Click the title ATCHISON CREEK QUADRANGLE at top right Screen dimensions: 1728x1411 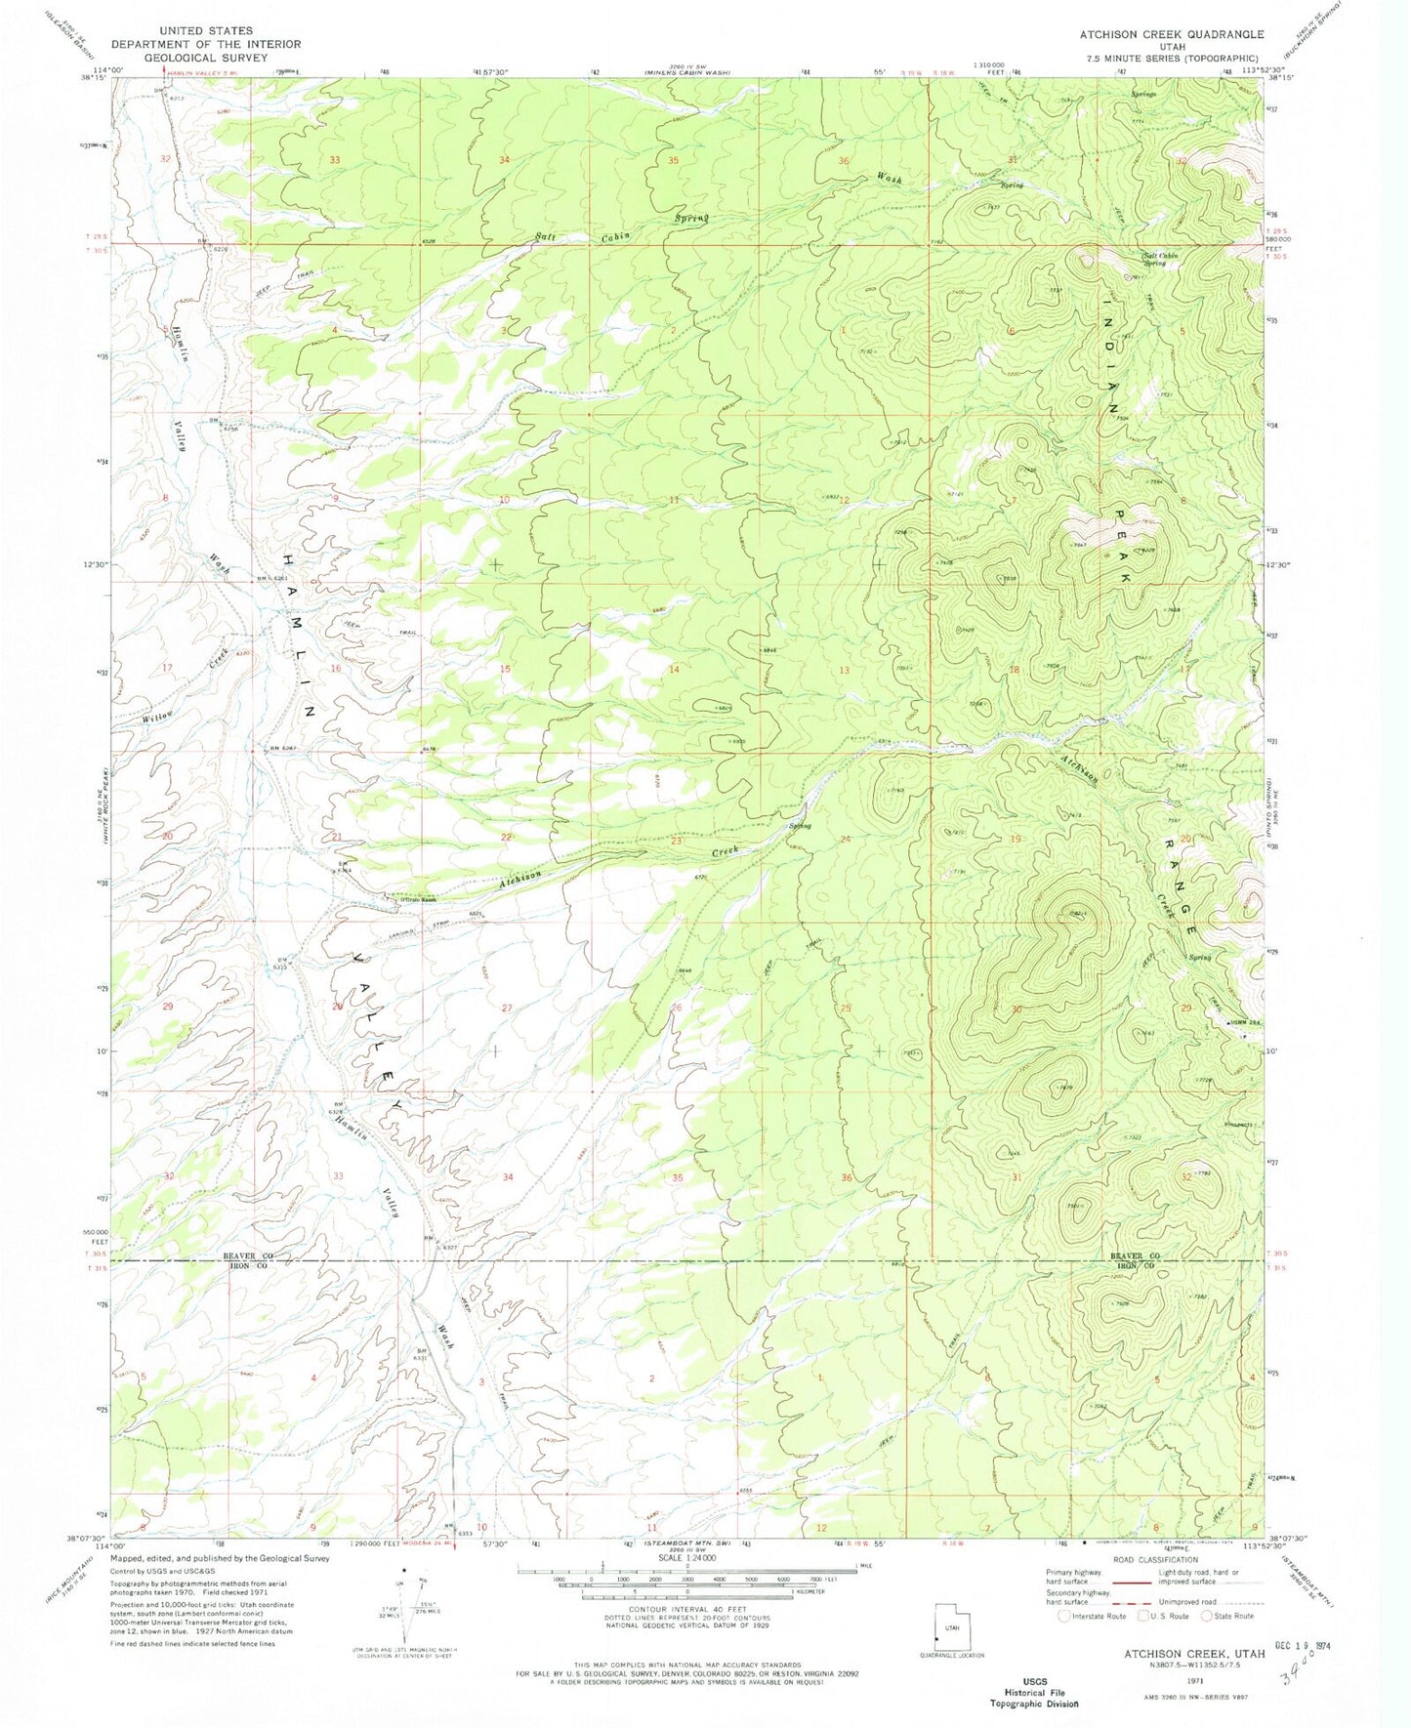coord(1171,34)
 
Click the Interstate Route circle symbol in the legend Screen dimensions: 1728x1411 coord(1064,1616)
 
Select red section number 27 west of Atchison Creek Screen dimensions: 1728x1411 coord(506,1008)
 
